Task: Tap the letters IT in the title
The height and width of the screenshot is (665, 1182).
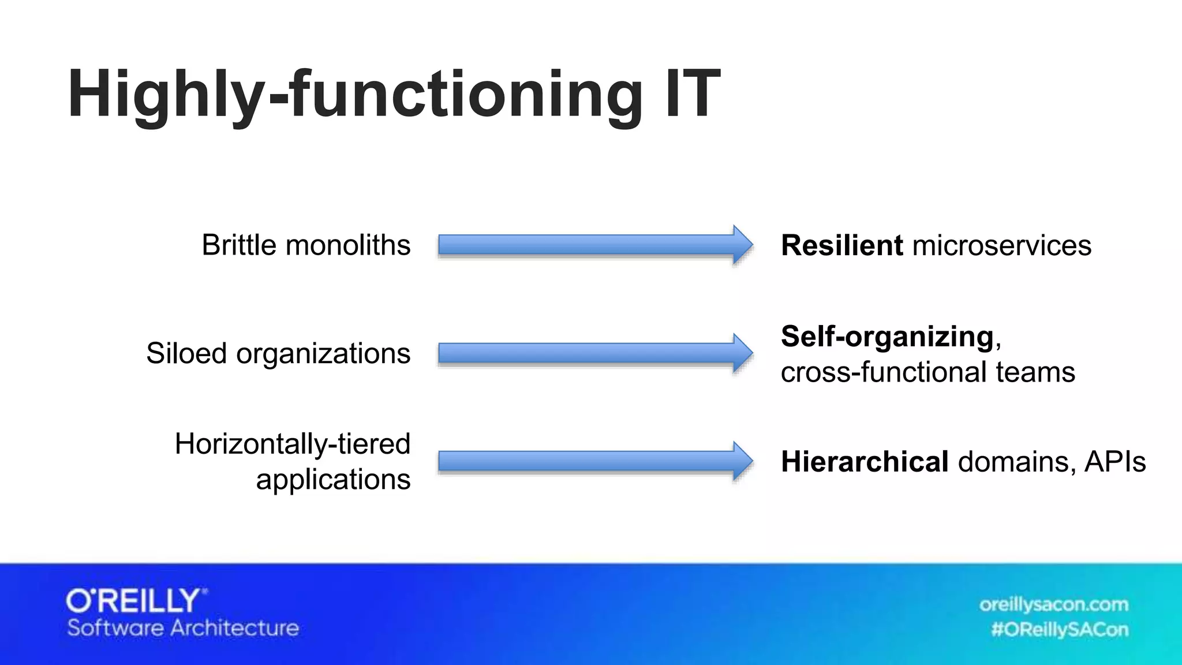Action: pyautogui.click(x=691, y=94)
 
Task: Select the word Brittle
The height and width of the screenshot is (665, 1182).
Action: pyautogui.click(x=239, y=245)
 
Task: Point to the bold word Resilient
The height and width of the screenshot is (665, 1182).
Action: pyautogui.click(x=841, y=245)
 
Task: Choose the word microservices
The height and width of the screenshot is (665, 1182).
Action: pyautogui.click(x=1001, y=246)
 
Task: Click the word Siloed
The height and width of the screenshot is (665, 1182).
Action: pyautogui.click(x=186, y=353)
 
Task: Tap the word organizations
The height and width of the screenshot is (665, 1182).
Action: pyautogui.click(x=323, y=354)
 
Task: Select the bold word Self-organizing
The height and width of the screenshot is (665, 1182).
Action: pyautogui.click(x=887, y=337)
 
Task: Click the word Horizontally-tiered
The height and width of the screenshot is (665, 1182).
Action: pyautogui.click(x=292, y=444)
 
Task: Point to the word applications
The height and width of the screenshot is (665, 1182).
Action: pyautogui.click(x=333, y=480)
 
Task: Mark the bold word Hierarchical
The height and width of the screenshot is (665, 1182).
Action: pyautogui.click(x=864, y=462)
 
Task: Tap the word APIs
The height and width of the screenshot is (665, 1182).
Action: pyautogui.click(x=1114, y=462)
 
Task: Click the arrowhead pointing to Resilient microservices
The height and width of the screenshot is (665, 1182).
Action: pyautogui.click(x=742, y=245)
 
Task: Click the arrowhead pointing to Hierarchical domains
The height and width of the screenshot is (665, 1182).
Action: pyautogui.click(x=742, y=461)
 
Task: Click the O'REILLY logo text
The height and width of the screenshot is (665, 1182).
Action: pyautogui.click(x=135, y=601)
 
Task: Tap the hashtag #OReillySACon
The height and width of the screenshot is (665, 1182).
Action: pyautogui.click(x=1059, y=629)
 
